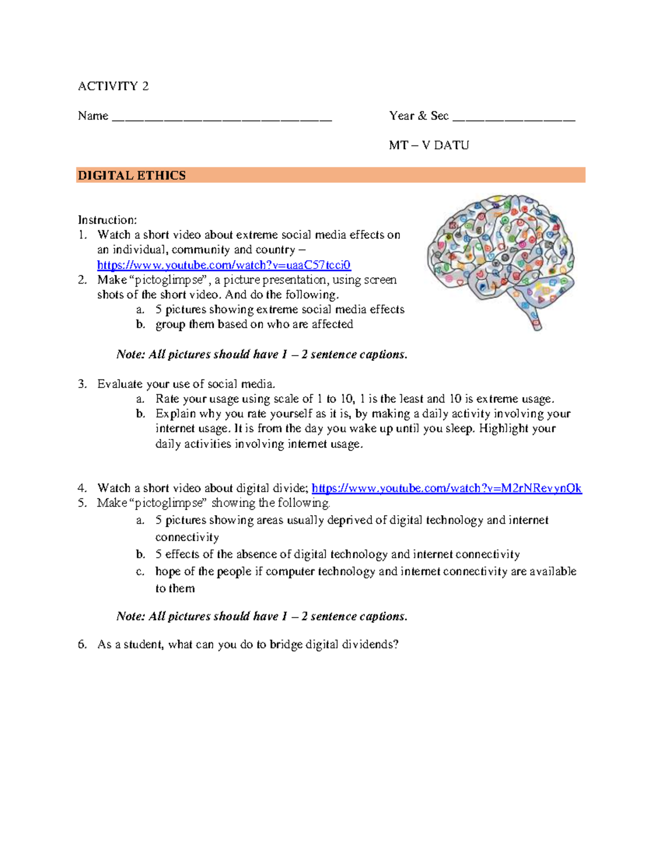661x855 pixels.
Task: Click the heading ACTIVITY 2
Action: [x=113, y=86]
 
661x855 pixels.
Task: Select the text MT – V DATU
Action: [x=429, y=145]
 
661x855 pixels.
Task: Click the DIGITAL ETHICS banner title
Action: [x=132, y=176]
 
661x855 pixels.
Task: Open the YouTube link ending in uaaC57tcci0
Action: [x=224, y=265]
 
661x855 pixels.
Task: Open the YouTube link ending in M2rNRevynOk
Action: [x=446, y=488]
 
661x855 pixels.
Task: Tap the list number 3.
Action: [x=82, y=384]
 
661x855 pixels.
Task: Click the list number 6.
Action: [x=82, y=645]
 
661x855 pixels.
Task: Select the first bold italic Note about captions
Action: [x=262, y=355]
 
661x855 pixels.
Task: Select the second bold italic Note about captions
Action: [x=262, y=617]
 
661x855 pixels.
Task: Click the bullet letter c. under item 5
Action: [x=140, y=571]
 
